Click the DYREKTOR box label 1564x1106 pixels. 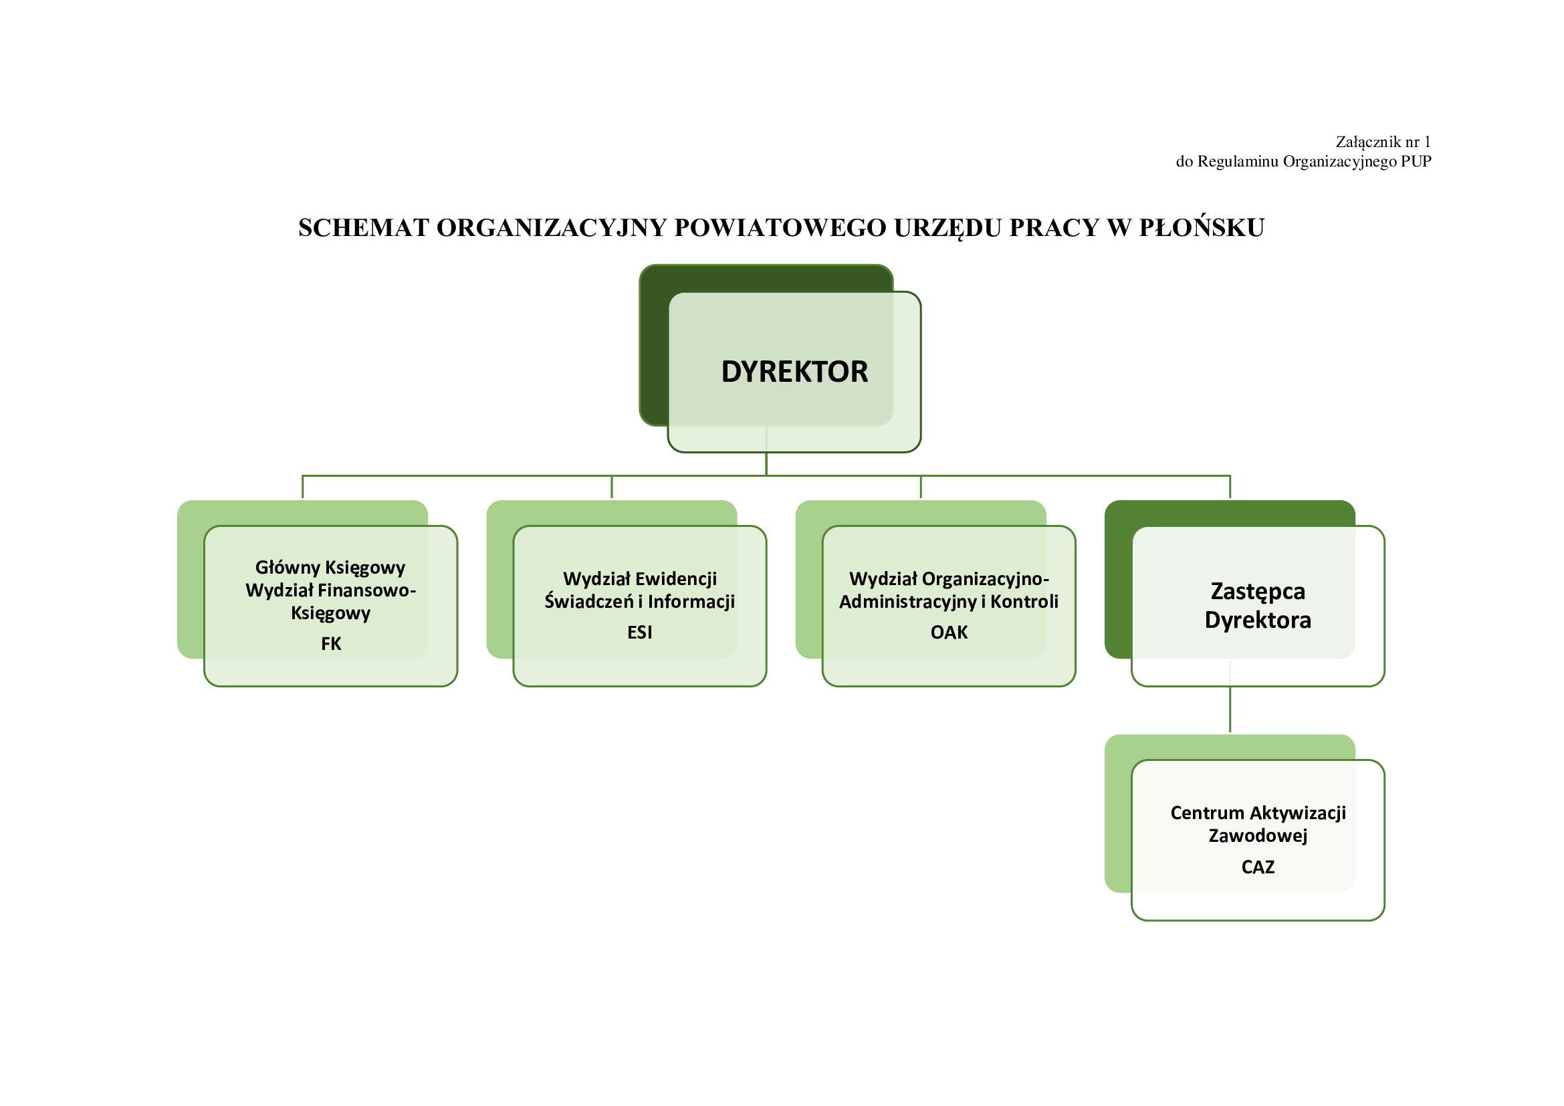point(794,372)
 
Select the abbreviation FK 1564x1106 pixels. point(331,643)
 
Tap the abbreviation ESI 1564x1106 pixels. point(640,633)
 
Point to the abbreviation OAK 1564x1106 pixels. point(949,633)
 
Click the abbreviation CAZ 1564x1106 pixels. point(1258,867)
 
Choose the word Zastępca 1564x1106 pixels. point(1258,591)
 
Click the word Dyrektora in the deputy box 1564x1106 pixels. point(1258,621)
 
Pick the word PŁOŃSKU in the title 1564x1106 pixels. point(1202,228)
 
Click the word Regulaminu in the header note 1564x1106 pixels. point(1238,161)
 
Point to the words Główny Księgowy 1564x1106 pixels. point(330,567)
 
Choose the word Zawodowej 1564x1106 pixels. point(1258,836)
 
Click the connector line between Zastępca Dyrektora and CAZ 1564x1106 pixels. point(1230,709)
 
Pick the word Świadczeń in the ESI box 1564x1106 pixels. point(588,602)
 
